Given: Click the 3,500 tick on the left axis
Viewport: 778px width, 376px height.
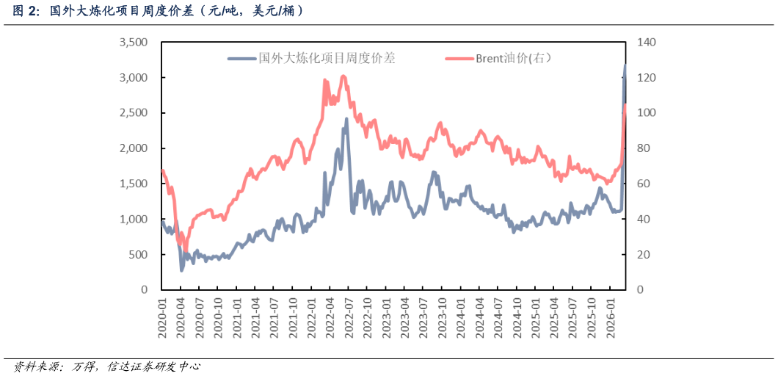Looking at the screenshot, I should click(134, 43).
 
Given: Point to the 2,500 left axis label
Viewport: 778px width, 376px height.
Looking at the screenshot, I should click(134, 113).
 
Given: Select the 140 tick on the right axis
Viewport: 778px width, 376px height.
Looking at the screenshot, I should click(645, 43).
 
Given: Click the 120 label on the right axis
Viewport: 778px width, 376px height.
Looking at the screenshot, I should click(645, 78).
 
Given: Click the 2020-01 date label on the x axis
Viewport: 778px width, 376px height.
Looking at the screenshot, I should click(163, 318).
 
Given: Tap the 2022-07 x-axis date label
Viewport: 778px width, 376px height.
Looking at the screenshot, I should click(349, 318).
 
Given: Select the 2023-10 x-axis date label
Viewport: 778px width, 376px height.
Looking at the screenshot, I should click(443, 318).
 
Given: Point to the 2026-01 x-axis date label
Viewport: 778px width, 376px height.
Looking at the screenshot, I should click(610, 318).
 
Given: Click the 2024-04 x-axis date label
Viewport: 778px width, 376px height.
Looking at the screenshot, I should click(480, 318).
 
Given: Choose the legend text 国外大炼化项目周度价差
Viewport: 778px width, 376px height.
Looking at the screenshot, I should click(327, 58).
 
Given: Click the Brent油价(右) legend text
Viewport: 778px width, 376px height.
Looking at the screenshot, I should click(513, 58).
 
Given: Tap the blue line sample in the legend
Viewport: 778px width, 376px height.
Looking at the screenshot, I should click(242, 58).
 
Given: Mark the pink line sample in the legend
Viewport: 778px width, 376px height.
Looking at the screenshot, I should click(459, 58).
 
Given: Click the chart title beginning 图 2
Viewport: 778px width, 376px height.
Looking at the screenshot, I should click(158, 11).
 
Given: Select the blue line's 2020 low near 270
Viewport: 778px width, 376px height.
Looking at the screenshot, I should click(182, 270).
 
